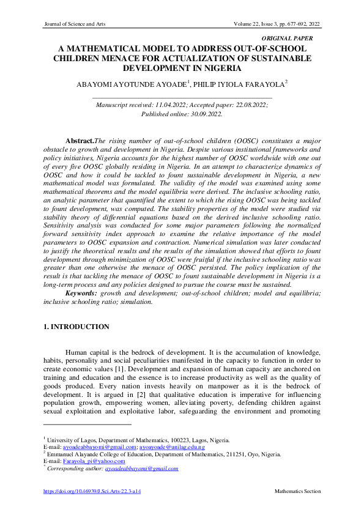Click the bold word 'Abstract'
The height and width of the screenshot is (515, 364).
click(80, 141)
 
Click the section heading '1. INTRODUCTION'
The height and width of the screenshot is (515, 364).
click(77, 327)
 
